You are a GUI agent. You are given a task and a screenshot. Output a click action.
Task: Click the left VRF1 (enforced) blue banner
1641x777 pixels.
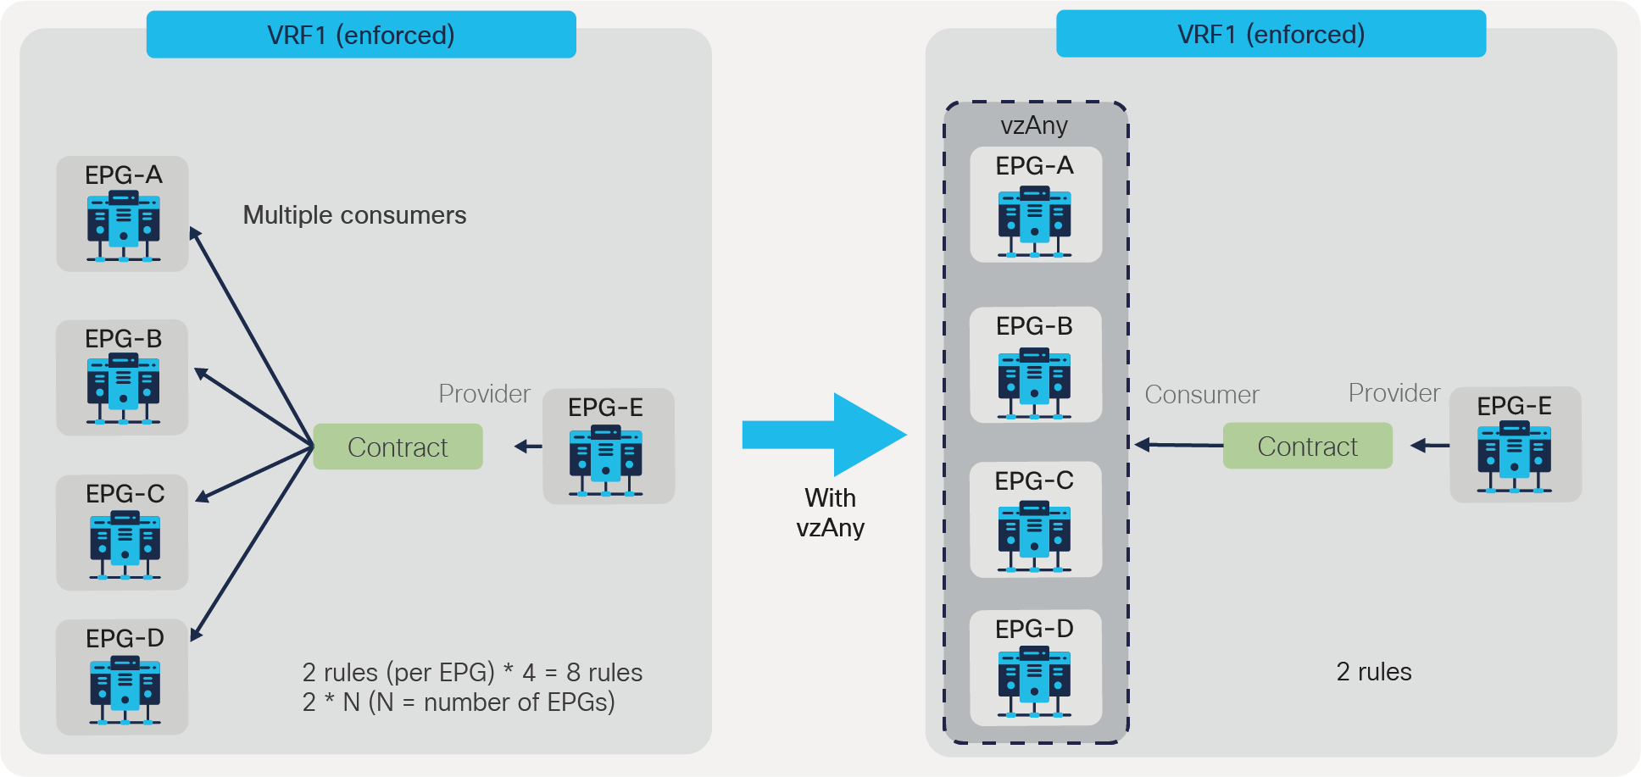[x=361, y=35]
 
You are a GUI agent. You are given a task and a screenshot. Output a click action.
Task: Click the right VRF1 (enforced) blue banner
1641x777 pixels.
[x=1271, y=34]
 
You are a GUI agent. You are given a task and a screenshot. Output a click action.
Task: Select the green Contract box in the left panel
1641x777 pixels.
[x=398, y=447]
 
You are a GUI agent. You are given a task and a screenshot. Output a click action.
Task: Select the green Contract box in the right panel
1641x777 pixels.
[x=1307, y=446]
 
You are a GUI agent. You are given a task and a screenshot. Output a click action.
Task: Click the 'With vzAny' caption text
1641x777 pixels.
[x=830, y=513]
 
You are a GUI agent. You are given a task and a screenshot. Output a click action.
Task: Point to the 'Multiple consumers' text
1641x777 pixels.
[x=354, y=215]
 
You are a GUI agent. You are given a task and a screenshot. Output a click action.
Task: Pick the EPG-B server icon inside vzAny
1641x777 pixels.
[x=1034, y=386]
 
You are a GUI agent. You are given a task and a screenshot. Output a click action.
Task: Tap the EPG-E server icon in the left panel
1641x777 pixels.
[x=606, y=461]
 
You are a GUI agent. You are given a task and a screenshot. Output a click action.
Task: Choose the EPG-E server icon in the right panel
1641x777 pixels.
[x=1514, y=459]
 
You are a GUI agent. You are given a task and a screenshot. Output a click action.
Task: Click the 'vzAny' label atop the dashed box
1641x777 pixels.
[x=1034, y=125]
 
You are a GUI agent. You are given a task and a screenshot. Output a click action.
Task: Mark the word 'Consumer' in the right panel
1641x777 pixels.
[x=1201, y=395]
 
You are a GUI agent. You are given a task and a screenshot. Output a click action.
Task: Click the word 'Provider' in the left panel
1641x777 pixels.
[x=484, y=394]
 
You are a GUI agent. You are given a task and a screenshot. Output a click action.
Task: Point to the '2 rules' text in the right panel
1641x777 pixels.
[x=1373, y=672]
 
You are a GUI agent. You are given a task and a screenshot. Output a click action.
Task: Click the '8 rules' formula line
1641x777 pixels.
[x=472, y=673]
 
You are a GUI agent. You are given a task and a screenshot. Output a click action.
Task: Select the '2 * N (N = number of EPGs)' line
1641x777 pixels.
[x=459, y=702]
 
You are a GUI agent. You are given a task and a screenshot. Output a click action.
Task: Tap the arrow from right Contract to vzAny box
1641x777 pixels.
[x=1178, y=445]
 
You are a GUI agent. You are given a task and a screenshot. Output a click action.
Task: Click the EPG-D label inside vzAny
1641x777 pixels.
[x=1034, y=629]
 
